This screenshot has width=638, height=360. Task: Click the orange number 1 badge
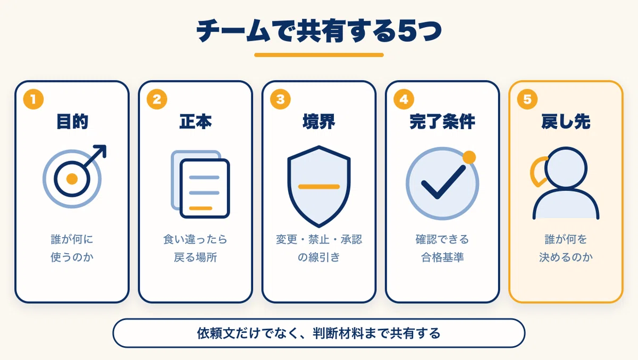[33, 99]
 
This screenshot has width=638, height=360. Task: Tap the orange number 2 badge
[157, 99]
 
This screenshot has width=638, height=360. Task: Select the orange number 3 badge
[280, 99]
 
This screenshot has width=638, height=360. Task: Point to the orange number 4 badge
[404, 99]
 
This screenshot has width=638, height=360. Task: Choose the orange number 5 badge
[527, 99]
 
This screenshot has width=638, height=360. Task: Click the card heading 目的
[72, 122]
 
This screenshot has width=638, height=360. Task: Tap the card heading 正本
[196, 122]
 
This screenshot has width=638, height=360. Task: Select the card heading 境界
[318, 122]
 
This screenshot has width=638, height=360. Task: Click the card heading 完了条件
[442, 122]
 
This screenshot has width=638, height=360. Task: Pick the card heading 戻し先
[566, 122]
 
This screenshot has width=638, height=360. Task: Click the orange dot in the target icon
[72, 179]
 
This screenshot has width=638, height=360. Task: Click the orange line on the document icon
[201, 208]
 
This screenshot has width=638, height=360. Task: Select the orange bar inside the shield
[318, 187]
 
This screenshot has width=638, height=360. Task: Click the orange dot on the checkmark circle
[469, 157]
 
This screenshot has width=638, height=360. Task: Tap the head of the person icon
[566, 168]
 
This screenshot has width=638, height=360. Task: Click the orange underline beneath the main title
[318, 55]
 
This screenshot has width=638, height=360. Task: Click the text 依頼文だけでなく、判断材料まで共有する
[318, 333]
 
